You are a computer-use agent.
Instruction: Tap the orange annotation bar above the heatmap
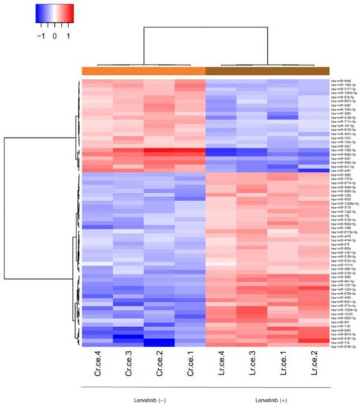[x=143, y=70]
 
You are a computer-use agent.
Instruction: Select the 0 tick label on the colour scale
[x=54, y=35]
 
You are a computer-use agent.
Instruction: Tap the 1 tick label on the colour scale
[x=68, y=35]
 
